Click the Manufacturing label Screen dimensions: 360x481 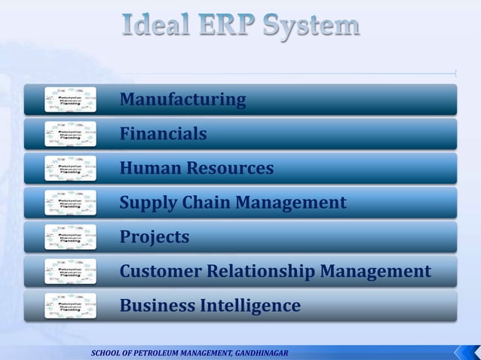pyautogui.click(x=182, y=99)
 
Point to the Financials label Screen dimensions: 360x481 pyautogui.click(x=163, y=134)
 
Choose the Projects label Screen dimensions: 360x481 pyautogui.click(x=155, y=238)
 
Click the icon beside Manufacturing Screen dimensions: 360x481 pyautogui.click(x=70, y=99)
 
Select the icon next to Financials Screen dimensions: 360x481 pyautogui.click(x=70, y=134)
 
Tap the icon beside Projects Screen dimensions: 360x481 pyautogui.click(x=70, y=238)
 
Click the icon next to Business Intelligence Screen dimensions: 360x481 pyautogui.click(x=70, y=307)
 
